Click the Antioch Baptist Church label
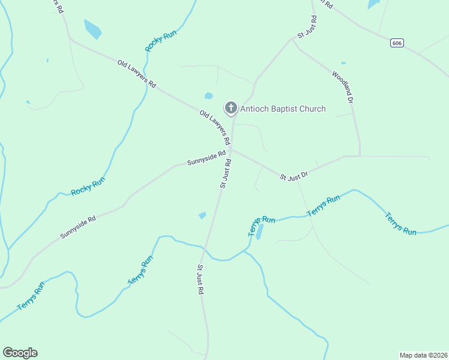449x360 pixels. click(283, 109)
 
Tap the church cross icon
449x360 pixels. click(231, 108)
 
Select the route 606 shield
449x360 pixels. click(396, 43)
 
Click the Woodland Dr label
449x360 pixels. click(342, 86)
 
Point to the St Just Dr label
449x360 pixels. click(294, 175)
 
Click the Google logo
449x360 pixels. click(20, 353)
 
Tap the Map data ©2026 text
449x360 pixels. click(423, 355)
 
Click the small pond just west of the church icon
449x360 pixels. click(209, 95)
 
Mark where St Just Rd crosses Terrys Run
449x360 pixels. click(205, 247)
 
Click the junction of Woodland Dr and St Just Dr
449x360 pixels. click(360, 156)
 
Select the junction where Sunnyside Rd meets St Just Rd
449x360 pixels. click(232, 149)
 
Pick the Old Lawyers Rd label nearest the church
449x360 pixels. click(215, 128)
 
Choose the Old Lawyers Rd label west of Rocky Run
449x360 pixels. click(136, 74)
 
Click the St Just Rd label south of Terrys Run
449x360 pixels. click(201, 279)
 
